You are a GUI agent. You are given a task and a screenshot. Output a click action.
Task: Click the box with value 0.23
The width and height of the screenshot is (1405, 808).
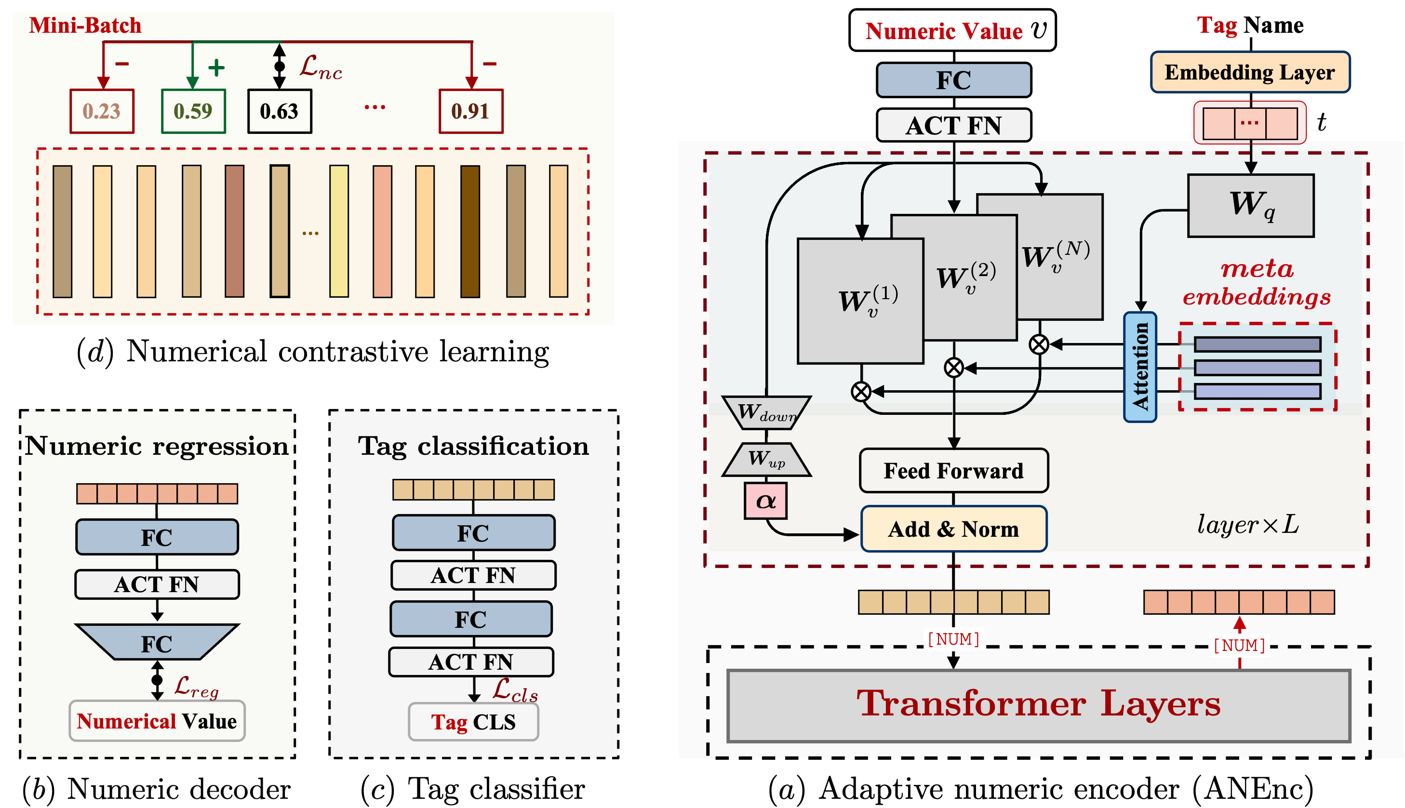coord(102,111)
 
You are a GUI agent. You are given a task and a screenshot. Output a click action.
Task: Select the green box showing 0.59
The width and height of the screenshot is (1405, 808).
coord(193,111)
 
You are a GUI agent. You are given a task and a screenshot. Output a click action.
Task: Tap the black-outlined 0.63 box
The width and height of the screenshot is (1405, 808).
coord(280,111)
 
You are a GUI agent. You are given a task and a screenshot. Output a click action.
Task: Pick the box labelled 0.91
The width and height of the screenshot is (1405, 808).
coord(471,111)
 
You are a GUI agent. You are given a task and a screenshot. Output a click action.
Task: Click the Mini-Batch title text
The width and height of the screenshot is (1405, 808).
coord(85,26)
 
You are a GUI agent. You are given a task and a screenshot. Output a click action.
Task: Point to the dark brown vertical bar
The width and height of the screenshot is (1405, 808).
coord(469,231)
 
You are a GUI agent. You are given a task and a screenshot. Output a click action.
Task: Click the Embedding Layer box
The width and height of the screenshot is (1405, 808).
coord(1250,73)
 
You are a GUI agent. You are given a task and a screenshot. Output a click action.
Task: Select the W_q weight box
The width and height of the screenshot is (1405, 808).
coord(1251,205)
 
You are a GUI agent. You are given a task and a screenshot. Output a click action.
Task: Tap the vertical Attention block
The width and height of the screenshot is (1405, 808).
coord(1139,367)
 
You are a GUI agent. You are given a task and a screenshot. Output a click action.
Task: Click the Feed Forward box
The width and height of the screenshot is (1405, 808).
coord(953,471)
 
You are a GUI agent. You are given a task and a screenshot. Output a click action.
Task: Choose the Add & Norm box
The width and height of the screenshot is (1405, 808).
coord(953,529)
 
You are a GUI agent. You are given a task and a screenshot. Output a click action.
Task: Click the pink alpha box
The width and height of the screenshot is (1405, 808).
coord(765,501)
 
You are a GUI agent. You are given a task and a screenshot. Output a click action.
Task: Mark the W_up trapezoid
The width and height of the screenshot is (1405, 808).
coord(766,460)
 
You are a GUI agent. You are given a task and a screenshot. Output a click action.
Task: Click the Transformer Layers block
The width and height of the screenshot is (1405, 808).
coord(1038,705)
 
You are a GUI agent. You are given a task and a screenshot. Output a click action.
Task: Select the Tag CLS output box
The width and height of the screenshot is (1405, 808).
coord(473,722)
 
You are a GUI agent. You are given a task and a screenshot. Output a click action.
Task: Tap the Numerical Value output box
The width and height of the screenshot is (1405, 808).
coord(157,721)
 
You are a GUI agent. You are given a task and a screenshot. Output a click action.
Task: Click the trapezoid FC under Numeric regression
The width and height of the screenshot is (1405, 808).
coord(157,643)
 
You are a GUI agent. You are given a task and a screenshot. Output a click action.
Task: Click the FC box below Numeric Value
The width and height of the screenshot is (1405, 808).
coord(953,80)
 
